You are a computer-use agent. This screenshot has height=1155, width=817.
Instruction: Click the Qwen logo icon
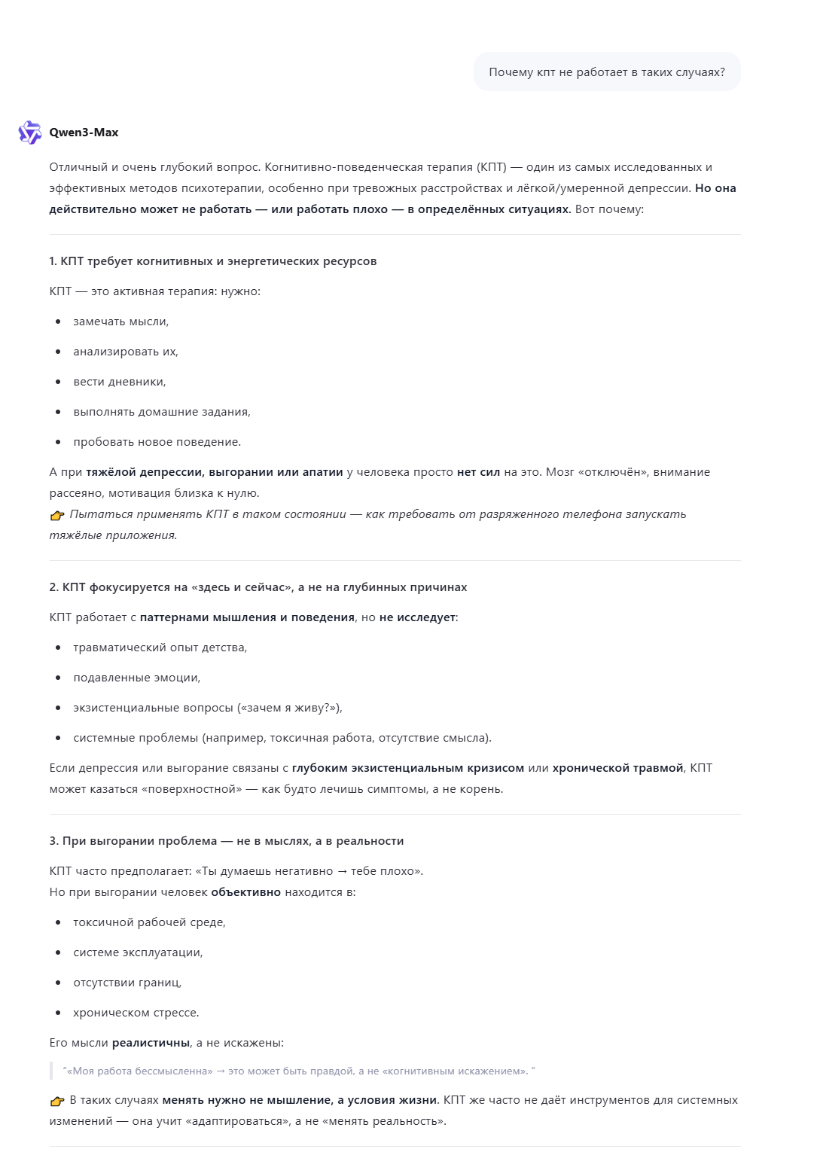click(x=29, y=133)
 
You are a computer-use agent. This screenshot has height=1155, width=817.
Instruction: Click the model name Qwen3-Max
click(x=84, y=133)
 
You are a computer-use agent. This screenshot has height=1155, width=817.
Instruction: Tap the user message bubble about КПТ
click(x=606, y=72)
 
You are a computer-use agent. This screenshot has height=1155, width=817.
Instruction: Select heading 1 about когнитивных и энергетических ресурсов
click(x=213, y=261)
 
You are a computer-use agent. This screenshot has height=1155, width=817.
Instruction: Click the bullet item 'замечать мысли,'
click(x=120, y=322)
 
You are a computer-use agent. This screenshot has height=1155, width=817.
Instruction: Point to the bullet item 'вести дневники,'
click(x=119, y=382)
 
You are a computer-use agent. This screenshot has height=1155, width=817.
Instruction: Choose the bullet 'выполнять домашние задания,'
click(x=161, y=412)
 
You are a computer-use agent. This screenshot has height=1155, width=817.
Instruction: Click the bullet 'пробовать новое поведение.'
click(x=157, y=442)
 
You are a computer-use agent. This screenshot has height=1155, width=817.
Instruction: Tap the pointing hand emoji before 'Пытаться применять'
click(x=57, y=515)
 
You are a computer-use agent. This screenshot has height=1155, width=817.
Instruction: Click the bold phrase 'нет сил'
click(x=478, y=472)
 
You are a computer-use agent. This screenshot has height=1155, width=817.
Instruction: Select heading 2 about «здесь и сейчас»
click(x=258, y=587)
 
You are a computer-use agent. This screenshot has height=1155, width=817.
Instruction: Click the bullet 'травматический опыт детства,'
click(x=160, y=648)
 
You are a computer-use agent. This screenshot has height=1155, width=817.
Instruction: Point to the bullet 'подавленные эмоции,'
click(x=136, y=678)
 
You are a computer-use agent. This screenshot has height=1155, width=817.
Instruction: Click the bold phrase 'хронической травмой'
click(x=617, y=768)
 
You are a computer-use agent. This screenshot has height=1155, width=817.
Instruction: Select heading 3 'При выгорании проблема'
click(x=227, y=841)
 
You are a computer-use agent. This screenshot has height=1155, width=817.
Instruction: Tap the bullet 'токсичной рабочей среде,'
click(x=149, y=922)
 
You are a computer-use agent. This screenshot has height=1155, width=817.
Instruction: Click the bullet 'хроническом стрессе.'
click(x=136, y=1013)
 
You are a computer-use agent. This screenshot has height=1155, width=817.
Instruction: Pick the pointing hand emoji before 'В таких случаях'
click(x=57, y=1101)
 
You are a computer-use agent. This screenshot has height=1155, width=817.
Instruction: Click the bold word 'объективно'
click(x=245, y=892)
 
